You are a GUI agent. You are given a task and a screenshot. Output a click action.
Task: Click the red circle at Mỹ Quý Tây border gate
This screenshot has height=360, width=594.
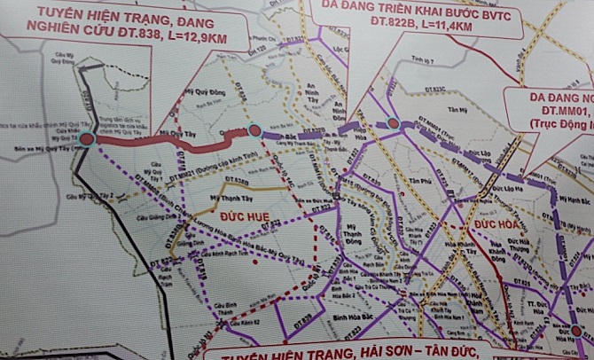tap(86, 139)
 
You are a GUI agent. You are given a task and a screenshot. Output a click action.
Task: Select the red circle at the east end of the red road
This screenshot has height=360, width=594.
tap(254, 131)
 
